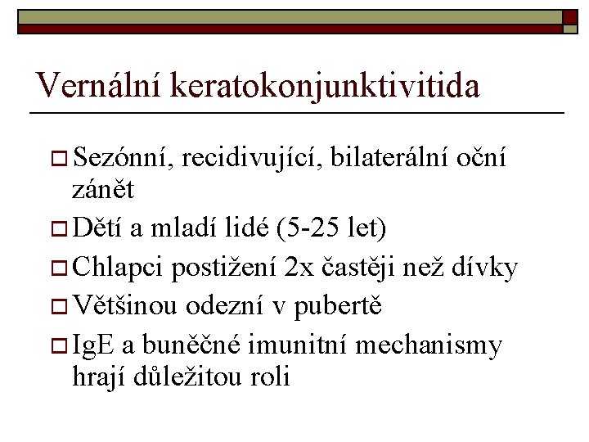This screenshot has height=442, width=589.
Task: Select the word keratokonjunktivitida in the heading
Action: click(x=326, y=85)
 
